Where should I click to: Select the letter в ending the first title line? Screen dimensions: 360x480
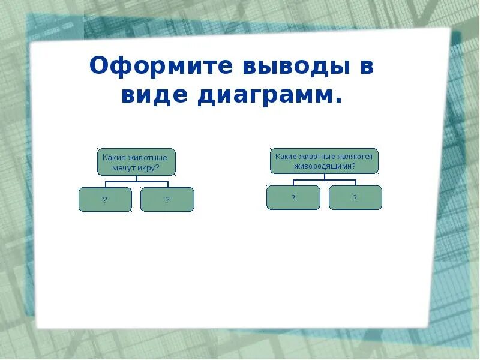[367, 67]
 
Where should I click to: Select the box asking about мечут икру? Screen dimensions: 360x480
[136, 162]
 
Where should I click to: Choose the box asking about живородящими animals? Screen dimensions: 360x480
[324, 161]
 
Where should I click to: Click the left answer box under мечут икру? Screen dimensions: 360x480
[105, 199]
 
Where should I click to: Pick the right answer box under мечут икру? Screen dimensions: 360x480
[167, 199]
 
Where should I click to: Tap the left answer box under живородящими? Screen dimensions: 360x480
[293, 197]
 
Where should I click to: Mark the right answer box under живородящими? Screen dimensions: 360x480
[355, 197]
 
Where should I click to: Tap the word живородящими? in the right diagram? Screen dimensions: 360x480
[324, 165]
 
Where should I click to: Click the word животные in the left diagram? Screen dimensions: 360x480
[147, 157]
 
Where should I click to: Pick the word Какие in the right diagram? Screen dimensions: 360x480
[285, 156]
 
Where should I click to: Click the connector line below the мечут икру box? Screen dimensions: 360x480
[136, 181]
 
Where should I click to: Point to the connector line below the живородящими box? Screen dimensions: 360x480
[324, 179]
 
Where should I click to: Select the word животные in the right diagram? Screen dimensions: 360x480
[317, 156]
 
